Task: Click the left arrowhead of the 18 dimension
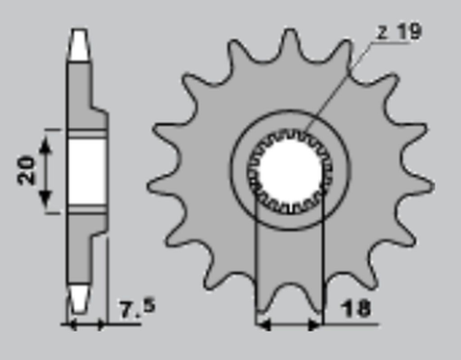coord(261,324)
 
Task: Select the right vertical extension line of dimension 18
coord(323,269)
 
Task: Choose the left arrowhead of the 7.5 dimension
coord(69,324)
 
